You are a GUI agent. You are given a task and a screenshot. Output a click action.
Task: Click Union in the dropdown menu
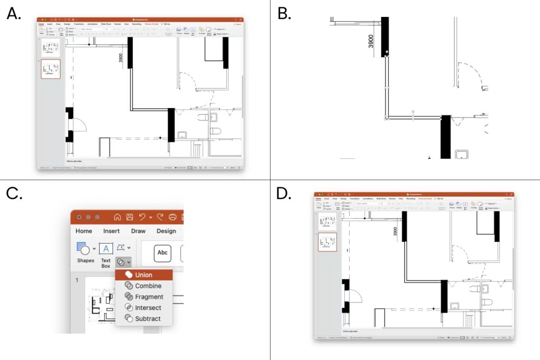point(143,275)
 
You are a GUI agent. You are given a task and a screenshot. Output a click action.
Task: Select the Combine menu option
point(148,286)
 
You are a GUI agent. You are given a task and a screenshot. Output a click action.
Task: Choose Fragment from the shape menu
point(149,297)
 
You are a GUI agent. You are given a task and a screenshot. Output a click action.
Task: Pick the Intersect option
point(148,308)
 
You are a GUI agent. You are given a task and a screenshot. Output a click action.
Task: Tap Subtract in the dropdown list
point(148,319)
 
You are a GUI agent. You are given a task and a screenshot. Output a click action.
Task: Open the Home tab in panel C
point(84,231)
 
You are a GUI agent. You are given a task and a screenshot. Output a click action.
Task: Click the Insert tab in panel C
point(111,231)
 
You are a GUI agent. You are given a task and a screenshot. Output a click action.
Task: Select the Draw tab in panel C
point(138,231)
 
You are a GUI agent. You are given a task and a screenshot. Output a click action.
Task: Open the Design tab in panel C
point(166,231)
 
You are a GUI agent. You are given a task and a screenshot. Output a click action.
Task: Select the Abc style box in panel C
point(162,253)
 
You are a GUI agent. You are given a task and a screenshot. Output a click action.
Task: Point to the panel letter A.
point(14,14)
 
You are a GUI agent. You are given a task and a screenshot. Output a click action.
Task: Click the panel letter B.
point(284,14)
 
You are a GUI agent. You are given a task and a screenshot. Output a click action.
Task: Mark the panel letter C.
point(14,194)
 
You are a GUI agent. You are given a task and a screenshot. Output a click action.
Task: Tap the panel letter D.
point(284,194)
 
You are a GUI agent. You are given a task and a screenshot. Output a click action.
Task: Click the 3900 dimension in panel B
point(371,41)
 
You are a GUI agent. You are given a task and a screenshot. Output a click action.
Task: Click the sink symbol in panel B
point(462,154)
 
